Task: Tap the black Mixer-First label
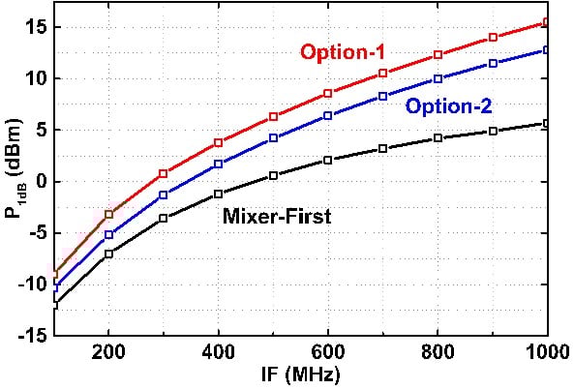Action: [278, 218]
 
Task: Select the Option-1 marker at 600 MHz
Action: [328, 93]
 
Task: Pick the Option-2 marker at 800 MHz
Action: [438, 78]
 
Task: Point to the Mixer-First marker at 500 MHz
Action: [274, 175]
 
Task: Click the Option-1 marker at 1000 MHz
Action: [547, 22]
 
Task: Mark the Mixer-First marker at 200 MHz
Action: [109, 254]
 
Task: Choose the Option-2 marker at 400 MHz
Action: [219, 164]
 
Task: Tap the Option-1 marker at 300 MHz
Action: [164, 173]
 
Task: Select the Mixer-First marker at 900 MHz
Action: [493, 131]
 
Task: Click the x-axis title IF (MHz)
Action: [302, 374]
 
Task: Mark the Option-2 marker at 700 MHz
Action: [383, 96]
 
